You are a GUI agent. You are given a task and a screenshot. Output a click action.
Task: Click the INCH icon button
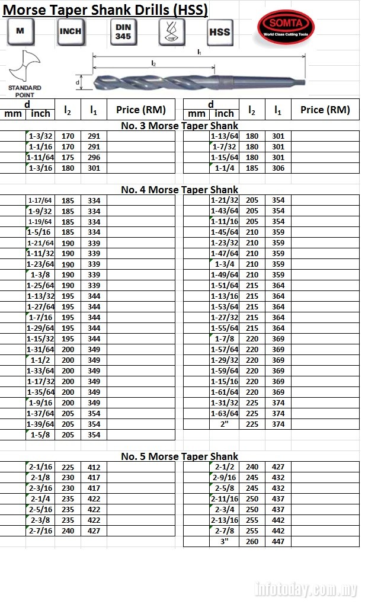(71, 31)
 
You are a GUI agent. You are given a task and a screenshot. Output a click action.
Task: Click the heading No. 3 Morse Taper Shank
(180, 125)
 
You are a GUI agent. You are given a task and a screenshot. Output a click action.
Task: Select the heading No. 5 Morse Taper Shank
(180, 456)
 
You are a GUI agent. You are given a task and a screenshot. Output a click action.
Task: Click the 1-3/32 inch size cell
(41, 136)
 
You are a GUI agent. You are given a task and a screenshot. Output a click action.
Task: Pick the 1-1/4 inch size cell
(225, 168)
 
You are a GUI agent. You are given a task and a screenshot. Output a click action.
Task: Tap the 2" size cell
(225, 424)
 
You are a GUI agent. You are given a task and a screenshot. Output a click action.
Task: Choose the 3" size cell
(225, 542)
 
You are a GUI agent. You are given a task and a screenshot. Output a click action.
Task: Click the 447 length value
(278, 542)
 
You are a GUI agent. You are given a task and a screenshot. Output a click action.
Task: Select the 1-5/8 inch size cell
(41, 434)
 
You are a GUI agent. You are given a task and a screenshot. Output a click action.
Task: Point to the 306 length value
(278, 168)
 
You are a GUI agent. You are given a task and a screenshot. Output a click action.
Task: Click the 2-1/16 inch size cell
(41, 467)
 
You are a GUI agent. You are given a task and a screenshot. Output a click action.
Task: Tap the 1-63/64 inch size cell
(225, 413)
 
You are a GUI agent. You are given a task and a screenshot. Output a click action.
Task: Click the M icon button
(20, 31)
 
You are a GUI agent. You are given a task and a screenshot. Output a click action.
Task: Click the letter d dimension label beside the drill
(78, 82)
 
